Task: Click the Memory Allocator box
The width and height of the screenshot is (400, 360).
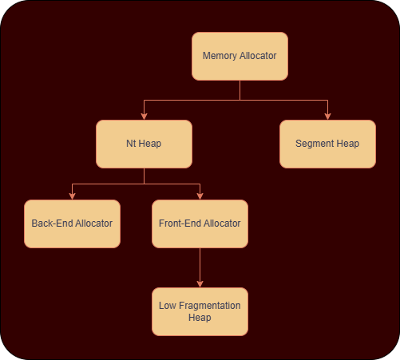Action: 240,56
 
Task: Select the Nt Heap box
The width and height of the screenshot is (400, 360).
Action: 144,144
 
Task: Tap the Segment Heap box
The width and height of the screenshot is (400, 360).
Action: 327,144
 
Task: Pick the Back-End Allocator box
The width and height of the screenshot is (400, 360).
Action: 72,224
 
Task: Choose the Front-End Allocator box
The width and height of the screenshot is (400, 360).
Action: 200,224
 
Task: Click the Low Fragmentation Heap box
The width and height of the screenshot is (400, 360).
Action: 200,311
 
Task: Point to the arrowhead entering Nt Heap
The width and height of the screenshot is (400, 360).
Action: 144,117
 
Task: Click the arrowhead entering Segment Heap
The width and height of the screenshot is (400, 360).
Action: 327,117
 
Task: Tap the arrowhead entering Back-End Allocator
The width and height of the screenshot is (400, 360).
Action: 72,196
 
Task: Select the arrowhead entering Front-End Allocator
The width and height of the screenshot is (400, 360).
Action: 200,196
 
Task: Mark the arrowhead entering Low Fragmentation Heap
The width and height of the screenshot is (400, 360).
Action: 200,284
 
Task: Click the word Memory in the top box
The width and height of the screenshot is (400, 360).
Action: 220,56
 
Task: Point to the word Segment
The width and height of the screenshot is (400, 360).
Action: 315,144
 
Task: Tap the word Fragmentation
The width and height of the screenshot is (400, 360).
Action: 210,306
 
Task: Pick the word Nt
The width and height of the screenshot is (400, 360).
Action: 131,144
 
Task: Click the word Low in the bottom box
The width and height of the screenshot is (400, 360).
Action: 168,306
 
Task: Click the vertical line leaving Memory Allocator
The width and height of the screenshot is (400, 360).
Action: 240,90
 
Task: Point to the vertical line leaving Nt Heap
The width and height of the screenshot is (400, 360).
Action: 144,176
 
